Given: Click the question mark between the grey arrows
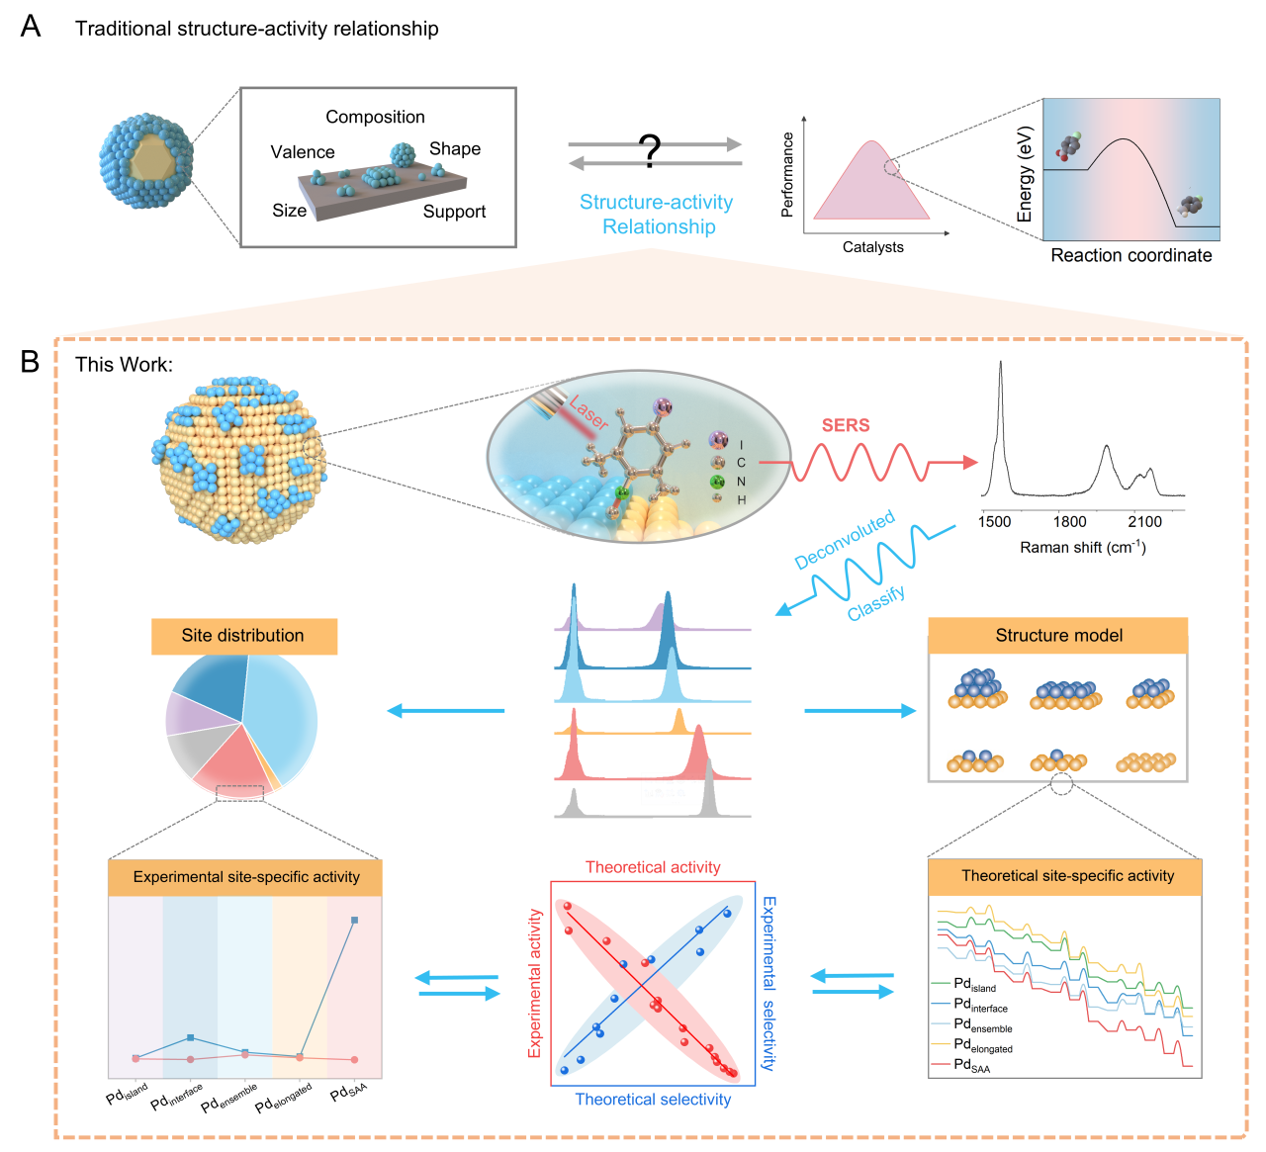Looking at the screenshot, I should pyautogui.click(x=650, y=150).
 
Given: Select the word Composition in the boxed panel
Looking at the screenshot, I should pyautogui.click(x=375, y=117).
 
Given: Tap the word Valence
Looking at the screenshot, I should pyautogui.click(x=303, y=152).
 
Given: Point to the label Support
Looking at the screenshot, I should pyautogui.click(x=454, y=212).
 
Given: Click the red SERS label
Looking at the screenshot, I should pyautogui.click(x=846, y=425).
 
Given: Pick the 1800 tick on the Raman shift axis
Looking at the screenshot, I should pyautogui.click(x=1069, y=522).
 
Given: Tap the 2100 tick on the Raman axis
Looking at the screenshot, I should pyautogui.click(x=1144, y=522).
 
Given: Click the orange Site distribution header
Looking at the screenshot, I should pyautogui.click(x=243, y=636).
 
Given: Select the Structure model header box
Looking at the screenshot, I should pyautogui.click(x=1058, y=636).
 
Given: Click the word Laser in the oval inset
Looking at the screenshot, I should pyautogui.click(x=588, y=410).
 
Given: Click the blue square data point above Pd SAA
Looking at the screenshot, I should pyautogui.click(x=355, y=921).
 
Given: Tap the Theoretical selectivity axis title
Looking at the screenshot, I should pyautogui.click(x=653, y=1100).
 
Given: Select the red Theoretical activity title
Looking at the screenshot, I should pyautogui.click(x=653, y=867).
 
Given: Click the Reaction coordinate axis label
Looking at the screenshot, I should pyautogui.click(x=1130, y=255).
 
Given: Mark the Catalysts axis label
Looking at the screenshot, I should pyautogui.click(x=872, y=247).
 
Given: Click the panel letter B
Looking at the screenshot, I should pyautogui.click(x=31, y=362).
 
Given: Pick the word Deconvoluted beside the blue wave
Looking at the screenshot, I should pyautogui.click(x=845, y=540).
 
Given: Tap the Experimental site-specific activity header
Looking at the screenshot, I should pyautogui.click(x=246, y=877).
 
